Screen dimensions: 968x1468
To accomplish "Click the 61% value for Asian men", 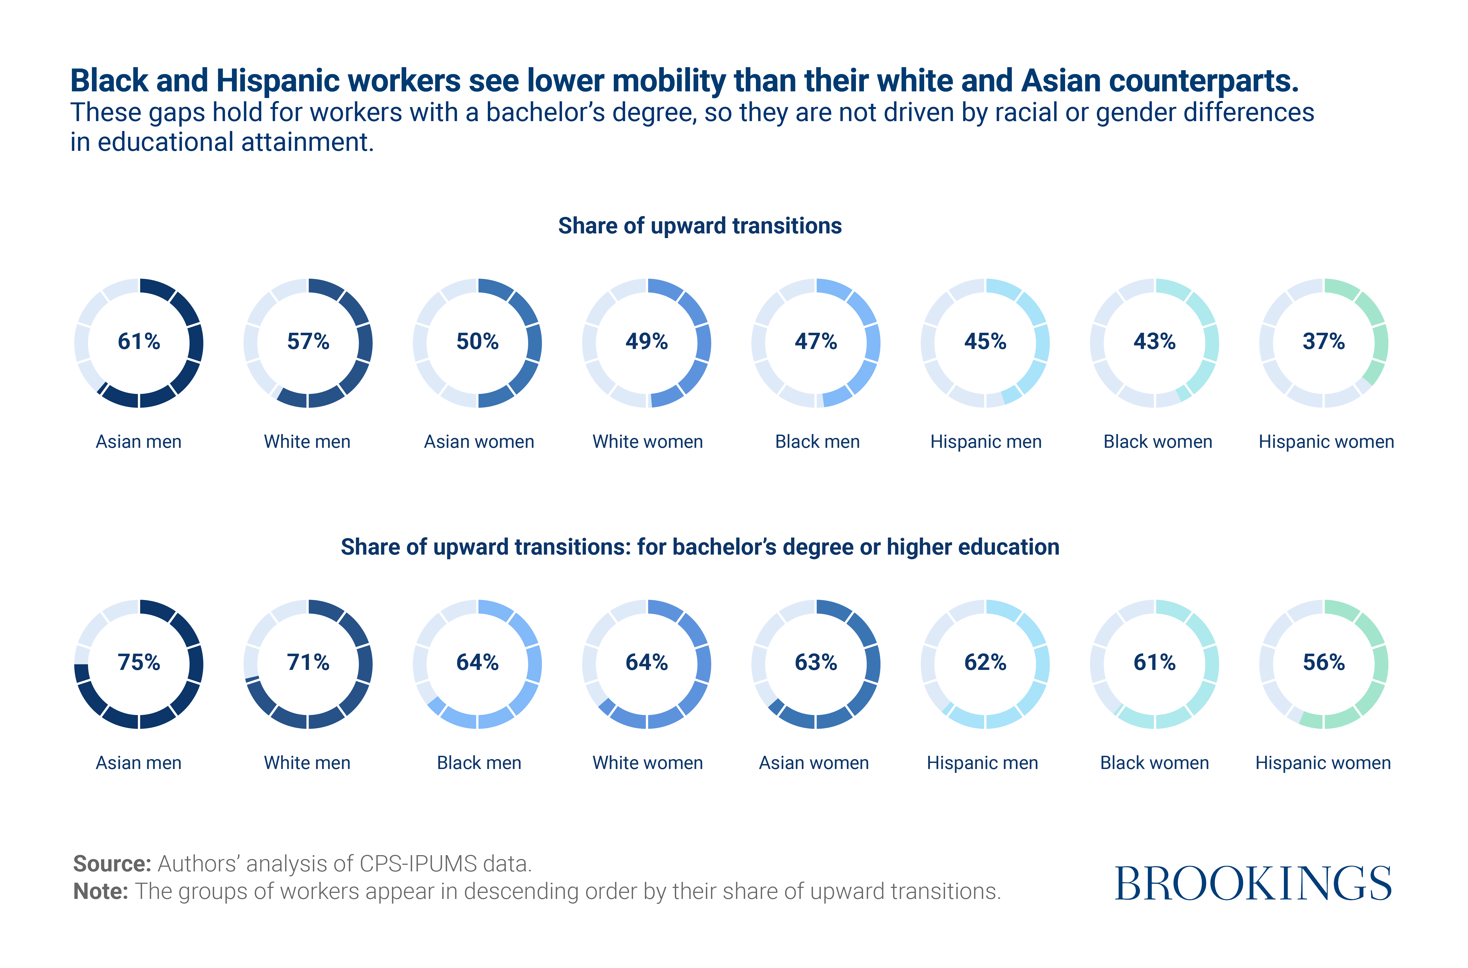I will (x=139, y=341).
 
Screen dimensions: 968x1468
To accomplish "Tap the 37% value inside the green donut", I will (x=1324, y=341).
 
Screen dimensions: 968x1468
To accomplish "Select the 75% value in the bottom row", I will (x=139, y=662).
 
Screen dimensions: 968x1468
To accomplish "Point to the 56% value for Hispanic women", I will (x=1324, y=662).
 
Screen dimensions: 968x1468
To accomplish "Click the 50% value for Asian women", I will (x=477, y=341).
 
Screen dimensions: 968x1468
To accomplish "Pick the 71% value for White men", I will (x=308, y=662).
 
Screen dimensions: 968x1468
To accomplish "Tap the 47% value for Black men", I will (x=815, y=341).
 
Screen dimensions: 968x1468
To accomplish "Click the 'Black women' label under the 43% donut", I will (x=1158, y=442).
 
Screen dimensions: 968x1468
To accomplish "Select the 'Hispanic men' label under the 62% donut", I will (x=982, y=763).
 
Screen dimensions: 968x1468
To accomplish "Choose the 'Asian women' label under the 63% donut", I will (x=814, y=763).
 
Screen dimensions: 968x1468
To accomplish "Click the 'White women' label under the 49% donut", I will (x=648, y=442).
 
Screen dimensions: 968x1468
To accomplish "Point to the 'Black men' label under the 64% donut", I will (x=479, y=763).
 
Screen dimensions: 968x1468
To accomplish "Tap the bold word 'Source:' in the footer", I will (x=112, y=864).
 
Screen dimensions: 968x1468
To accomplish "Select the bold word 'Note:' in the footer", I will (x=100, y=891).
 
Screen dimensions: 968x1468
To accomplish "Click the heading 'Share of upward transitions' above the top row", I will (x=699, y=226).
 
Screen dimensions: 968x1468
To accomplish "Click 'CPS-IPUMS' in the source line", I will (x=418, y=864).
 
